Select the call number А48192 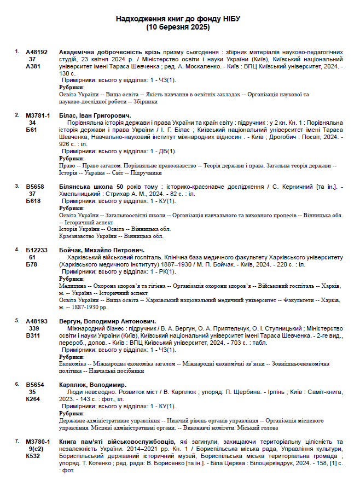tap(37, 52)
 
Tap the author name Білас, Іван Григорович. tap(95, 116)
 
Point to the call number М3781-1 tap(38, 116)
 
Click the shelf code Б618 tap(33, 201)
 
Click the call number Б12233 tap(37, 250)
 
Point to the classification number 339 tap(33, 328)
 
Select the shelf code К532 tap(33, 456)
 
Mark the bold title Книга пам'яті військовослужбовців tap(117, 442)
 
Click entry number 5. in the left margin tap(17, 321)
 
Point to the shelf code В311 tap(33, 335)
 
